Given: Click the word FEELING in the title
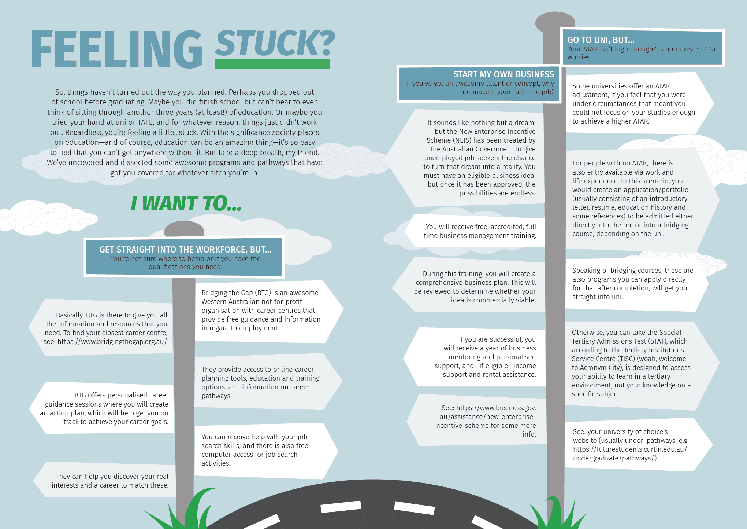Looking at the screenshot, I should pos(116,49).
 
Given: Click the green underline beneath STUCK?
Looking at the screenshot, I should pos(272,64).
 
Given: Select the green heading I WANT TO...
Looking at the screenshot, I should pos(186,203).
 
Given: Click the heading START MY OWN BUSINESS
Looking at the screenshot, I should pos(503,74).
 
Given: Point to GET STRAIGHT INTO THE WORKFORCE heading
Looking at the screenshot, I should pos(185,250).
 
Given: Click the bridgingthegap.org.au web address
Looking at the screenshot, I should pos(112,342).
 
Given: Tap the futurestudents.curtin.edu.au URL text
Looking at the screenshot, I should pos(630,449).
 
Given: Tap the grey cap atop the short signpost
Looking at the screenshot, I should pos(184,229).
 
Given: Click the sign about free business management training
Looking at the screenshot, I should pos(476,231).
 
